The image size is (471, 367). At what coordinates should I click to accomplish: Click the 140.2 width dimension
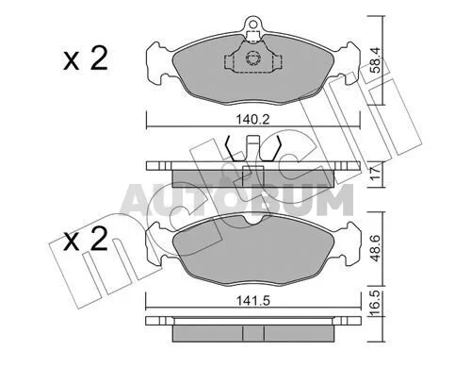[x=252, y=120]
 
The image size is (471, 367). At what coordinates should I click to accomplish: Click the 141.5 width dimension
[x=253, y=301]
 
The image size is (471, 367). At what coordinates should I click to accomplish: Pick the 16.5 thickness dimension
[x=376, y=304]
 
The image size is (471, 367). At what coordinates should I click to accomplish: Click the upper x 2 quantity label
[x=85, y=58]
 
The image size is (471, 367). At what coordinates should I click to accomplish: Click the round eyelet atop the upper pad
[x=252, y=24]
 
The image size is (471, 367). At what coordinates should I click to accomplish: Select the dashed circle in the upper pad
[x=252, y=58]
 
